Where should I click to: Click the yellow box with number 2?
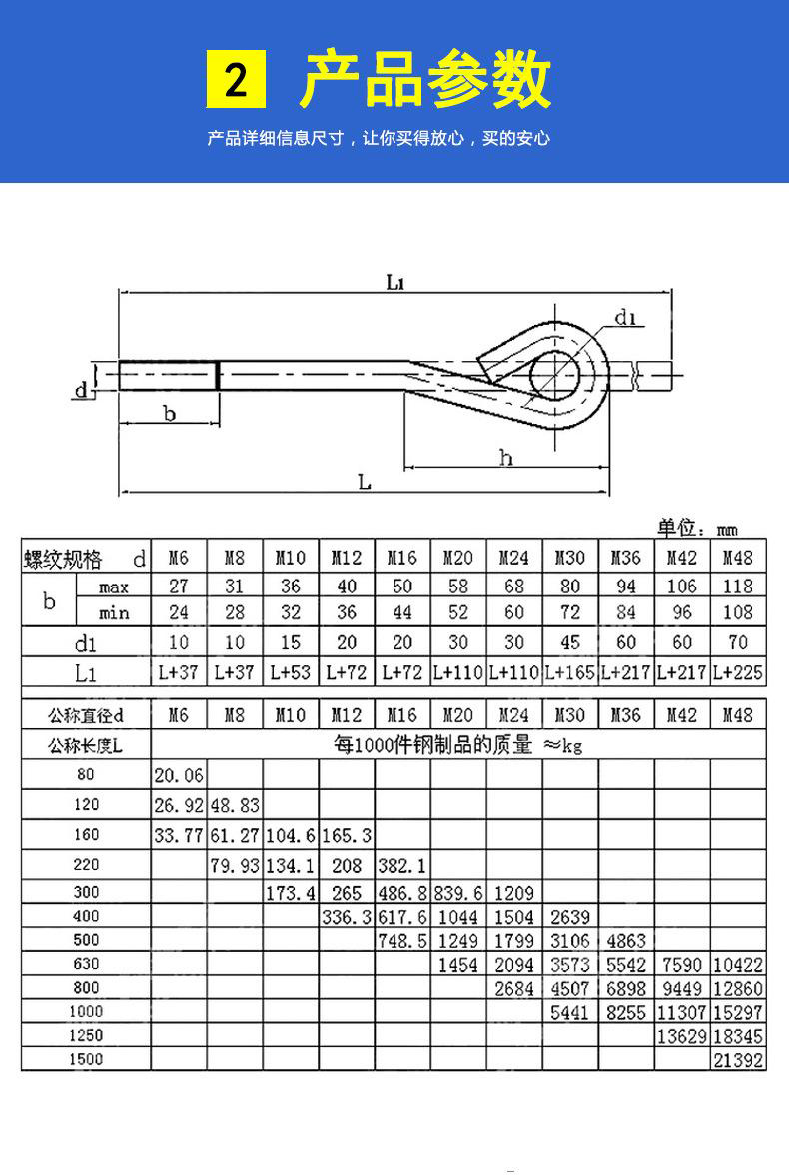tap(236, 80)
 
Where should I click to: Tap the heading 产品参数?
tap(425, 80)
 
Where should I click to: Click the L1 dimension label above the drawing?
tap(395, 283)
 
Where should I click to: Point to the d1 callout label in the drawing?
tap(626, 318)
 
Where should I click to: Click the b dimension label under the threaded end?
tap(169, 413)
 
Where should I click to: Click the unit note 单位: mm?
tap(697, 528)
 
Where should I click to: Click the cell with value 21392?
tap(738, 1060)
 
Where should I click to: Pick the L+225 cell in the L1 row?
tap(738, 673)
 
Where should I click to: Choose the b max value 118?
tap(738, 586)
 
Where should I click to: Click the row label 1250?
tap(86, 1036)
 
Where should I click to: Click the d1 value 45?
tap(570, 642)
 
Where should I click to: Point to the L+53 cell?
tap(291, 673)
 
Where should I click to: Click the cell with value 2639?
tap(570, 917)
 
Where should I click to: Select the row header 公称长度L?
tap(86, 744)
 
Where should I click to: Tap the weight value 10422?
tap(738, 965)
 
